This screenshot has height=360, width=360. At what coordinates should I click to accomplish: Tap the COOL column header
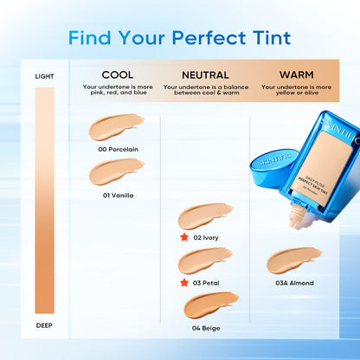(117, 75)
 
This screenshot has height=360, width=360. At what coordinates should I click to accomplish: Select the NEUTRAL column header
(206, 75)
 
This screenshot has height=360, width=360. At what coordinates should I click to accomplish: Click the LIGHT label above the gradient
(44, 76)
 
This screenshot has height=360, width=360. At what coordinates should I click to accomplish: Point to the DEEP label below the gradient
(44, 325)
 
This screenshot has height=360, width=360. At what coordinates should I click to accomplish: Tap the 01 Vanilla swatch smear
(117, 172)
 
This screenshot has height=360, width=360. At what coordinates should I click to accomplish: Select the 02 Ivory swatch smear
(205, 215)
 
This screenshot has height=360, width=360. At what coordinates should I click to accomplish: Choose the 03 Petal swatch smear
(205, 260)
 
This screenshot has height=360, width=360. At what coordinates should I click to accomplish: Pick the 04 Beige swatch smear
(211, 305)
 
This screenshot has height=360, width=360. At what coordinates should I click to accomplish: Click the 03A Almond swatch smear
(293, 260)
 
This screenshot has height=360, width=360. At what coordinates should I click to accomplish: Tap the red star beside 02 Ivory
(183, 236)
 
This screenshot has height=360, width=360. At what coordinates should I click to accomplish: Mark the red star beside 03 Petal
(183, 282)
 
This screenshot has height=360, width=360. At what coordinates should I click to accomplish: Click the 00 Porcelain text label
(119, 149)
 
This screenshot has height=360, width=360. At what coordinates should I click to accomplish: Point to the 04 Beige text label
(207, 328)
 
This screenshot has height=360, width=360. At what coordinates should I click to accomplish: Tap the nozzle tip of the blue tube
(297, 221)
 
